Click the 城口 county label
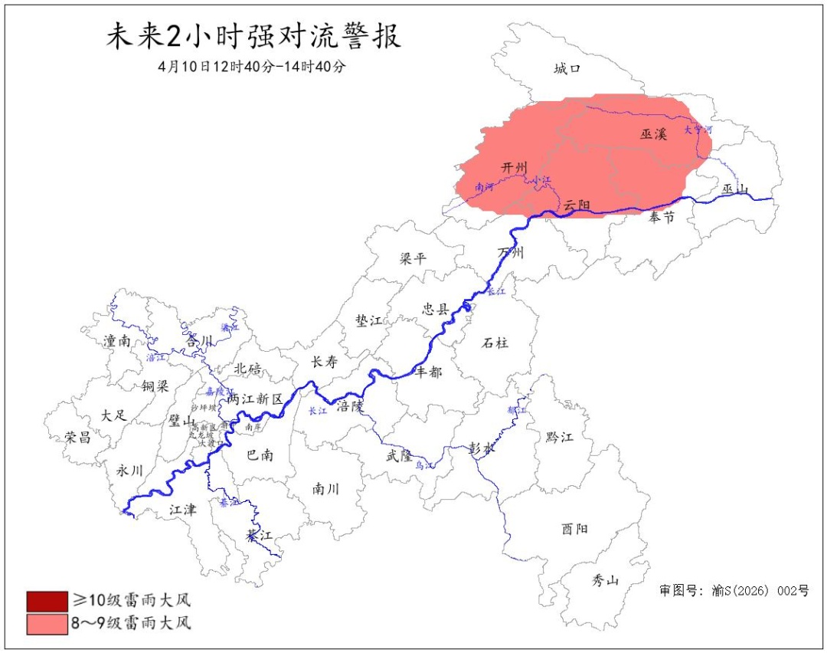[567, 69]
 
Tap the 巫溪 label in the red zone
[654, 134]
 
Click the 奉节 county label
[662, 218]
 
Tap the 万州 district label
[510, 252]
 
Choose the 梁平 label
[413, 258]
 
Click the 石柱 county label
[495, 343]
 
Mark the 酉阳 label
[575, 529]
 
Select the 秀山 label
[605, 580]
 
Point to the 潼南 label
[116, 341]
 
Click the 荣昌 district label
[78, 437]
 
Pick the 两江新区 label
[255, 399]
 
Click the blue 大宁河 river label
[698, 130]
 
